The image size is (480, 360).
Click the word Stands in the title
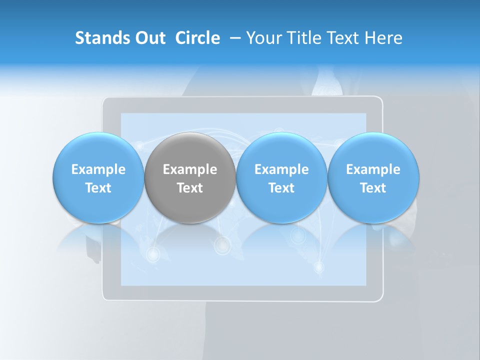[x=101, y=38]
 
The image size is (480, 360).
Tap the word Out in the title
[x=149, y=38]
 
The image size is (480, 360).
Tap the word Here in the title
[x=384, y=38]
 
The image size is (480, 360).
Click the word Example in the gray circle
[x=190, y=169]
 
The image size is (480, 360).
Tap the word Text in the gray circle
[x=190, y=188]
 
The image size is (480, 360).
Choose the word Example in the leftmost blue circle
[x=98, y=169]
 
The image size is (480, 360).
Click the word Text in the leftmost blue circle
[x=98, y=188]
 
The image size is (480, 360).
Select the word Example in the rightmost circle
[x=373, y=169]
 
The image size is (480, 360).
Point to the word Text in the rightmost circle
[x=373, y=188]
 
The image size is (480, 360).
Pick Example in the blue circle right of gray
[x=281, y=169]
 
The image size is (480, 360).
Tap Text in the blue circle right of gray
[x=281, y=188]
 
